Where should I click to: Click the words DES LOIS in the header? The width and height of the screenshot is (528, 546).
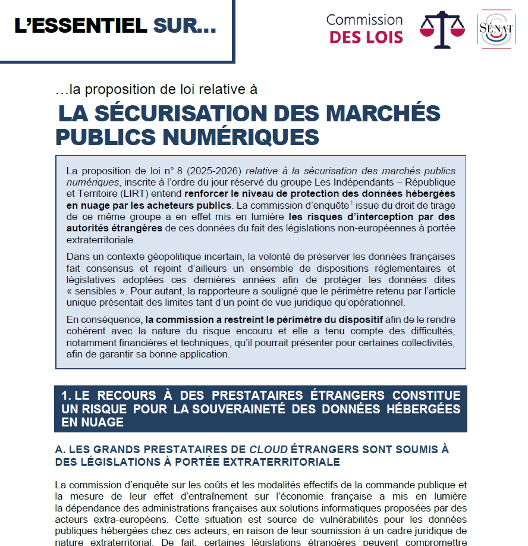366,37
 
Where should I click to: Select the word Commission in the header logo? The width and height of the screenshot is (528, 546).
364,20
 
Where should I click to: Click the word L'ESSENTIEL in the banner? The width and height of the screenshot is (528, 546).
80,26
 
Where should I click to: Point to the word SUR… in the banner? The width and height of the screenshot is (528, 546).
185,26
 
